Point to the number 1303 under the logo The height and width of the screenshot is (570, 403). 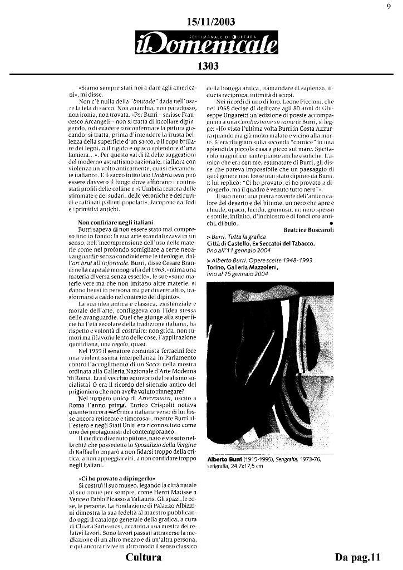click(x=207, y=66)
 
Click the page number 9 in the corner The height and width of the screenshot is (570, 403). click(x=388, y=6)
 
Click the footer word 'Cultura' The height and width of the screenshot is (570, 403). click(x=144, y=557)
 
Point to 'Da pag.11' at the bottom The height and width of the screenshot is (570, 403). click(x=357, y=557)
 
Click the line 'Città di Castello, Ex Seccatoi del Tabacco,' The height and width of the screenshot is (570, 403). click(x=261, y=244)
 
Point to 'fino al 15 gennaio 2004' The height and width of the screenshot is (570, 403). click(x=236, y=274)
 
